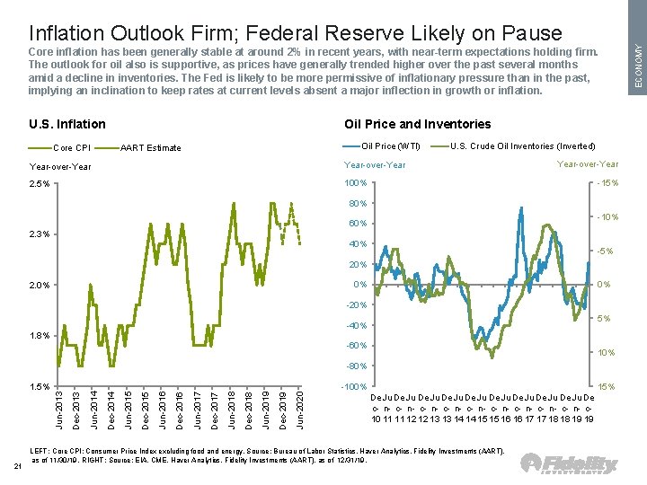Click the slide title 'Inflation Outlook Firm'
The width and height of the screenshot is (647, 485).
(296, 33)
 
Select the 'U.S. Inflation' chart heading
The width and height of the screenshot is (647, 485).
(67, 124)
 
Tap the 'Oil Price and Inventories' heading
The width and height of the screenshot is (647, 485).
(418, 124)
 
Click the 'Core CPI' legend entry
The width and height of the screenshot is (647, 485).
(72, 147)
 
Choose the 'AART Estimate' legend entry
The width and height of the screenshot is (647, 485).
(150, 147)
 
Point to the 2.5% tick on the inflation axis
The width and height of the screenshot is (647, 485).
(39, 184)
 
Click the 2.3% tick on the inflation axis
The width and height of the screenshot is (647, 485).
(39, 234)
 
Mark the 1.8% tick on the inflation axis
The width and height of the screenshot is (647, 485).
(39, 336)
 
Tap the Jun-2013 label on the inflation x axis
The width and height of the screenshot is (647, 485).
(58, 409)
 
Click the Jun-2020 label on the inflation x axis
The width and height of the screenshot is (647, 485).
(299, 409)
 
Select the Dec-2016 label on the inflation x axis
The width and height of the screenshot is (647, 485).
(179, 409)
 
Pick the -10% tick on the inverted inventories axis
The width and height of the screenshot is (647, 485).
(607, 217)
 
